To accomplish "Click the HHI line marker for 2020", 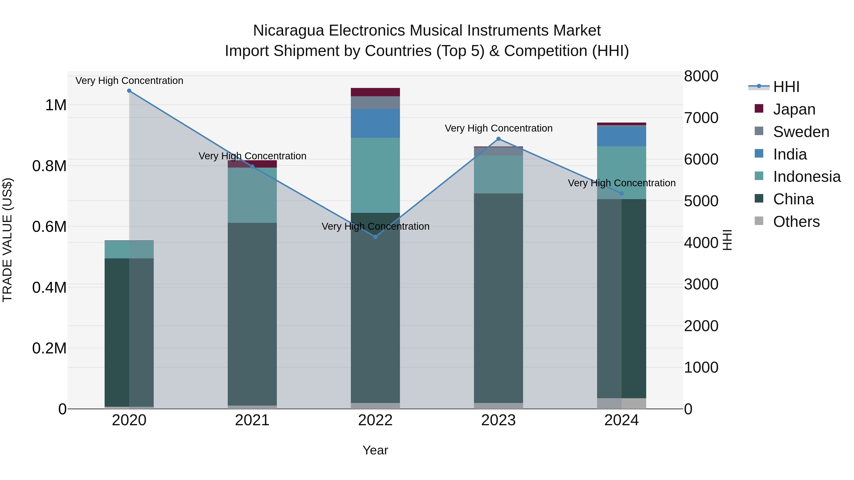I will click(x=129, y=91).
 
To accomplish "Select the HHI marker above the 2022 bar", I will click(x=375, y=237).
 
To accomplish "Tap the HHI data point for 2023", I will click(x=498, y=139).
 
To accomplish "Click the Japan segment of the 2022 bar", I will click(x=375, y=92).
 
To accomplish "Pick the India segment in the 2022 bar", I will click(x=375, y=123).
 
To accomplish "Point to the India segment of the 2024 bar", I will click(x=621, y=137).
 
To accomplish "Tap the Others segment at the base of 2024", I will click(x=621, y=403).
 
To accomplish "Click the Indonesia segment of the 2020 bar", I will click(x=129, y=249).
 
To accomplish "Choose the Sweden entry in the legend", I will click(x=801, y=132).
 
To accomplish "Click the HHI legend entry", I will click(x=786, y=87).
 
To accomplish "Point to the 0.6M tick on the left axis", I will click(x=49, y=227).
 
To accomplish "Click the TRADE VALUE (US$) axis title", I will click(x=7, y=240).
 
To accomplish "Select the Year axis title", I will click(x=375, y=450).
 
